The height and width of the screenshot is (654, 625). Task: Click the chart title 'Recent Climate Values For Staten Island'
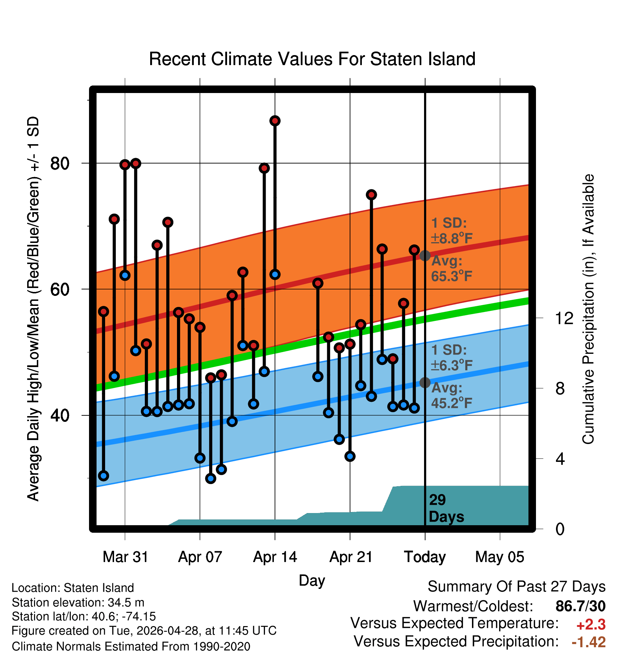pos(312,59)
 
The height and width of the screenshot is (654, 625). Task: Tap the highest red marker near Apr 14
pos(275,121)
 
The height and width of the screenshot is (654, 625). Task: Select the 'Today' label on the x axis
pos(425,557)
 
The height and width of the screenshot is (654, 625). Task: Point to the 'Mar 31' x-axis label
pos(125,557)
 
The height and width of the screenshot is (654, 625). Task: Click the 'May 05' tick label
pos(499,557)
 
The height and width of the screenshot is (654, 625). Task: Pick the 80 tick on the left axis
pos(60,163)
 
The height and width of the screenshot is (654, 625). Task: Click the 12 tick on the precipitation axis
pos(564,318)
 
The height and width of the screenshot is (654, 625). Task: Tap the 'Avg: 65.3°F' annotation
pos(452,268)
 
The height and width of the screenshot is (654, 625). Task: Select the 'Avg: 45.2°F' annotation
pos(452,395)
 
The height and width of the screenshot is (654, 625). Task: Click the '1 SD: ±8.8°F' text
pos(452,231)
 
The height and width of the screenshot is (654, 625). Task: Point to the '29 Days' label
pos(446,508)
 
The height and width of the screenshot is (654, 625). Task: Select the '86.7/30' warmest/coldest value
pos(581,606)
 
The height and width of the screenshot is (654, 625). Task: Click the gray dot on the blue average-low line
pos(425,382)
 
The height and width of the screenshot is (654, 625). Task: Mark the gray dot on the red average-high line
pos(425,255)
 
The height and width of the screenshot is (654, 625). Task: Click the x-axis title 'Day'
pos(312,581)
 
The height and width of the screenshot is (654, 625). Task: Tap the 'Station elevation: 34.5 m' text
pos(78,602)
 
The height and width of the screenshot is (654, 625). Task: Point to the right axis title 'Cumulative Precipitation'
pos(588,309)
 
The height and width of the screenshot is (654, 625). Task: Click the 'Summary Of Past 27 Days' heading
pos(517,587)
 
